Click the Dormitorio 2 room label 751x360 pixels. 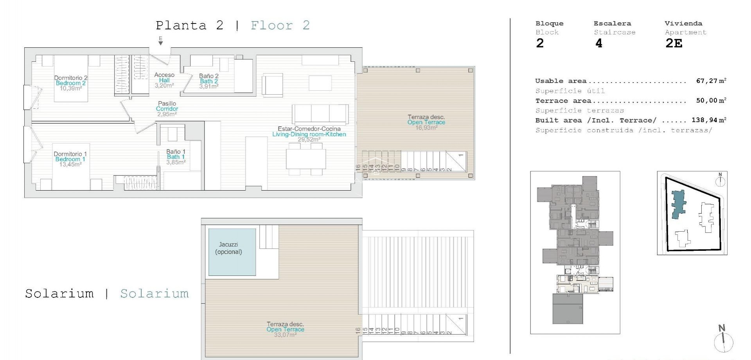(71, 78)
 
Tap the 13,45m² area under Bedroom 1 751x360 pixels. (70, 165)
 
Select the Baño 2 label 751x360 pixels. (208, 76)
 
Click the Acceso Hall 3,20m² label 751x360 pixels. (164, 80)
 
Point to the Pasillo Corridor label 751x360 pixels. (167, 109)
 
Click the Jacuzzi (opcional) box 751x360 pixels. (232, 252)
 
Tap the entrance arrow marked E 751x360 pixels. (160, 41)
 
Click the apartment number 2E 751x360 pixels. (674, 43)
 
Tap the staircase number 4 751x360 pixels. (598, 43)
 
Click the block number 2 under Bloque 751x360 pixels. (540, 43)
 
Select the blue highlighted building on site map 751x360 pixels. (678, 204)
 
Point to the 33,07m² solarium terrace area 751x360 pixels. (285, 335)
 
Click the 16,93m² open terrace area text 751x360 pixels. (426, 128)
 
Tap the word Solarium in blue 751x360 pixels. (154, 293)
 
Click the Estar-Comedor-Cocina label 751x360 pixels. (309, 129)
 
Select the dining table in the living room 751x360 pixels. (305, 159)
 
